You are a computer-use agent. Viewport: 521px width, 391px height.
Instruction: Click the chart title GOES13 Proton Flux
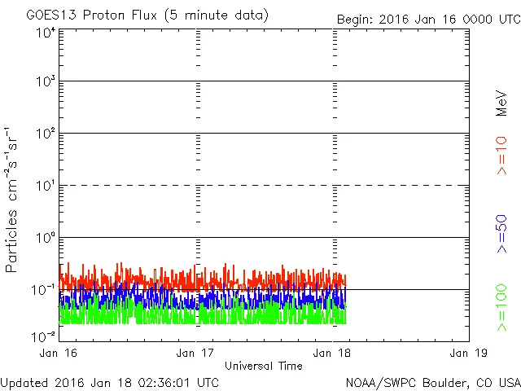tap(147, 15)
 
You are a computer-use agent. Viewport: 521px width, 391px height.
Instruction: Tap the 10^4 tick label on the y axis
tap(44, 33)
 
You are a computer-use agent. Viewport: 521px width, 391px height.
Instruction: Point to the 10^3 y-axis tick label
tap(44, 82)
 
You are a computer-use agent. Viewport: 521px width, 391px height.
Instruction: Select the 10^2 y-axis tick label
tap(44, 134)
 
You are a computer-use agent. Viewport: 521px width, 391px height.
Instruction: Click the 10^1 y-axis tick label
tap(44, 187)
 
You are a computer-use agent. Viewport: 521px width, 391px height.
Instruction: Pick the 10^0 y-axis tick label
tap(44, 239)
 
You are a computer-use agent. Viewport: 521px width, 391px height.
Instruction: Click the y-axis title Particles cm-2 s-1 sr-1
tap(14, 200)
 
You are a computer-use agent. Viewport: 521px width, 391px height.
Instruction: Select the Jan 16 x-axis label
tap(59, 353)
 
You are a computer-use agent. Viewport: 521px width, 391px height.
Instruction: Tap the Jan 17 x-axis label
tap(195, 353)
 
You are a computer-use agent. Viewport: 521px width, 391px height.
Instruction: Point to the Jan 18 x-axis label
tap(332, 353)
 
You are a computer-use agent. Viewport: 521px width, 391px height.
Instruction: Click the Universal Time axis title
tap(264, 366)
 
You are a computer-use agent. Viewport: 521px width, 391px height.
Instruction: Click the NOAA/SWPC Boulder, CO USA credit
tap(432, 382)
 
